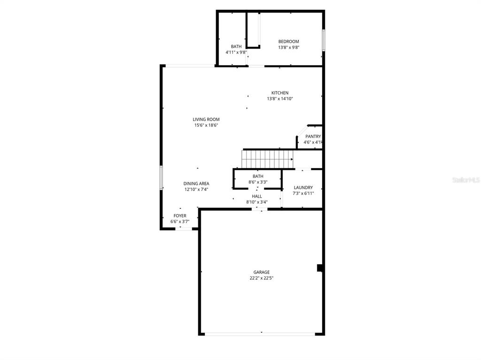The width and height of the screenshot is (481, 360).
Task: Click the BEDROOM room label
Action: (x=288, y=41)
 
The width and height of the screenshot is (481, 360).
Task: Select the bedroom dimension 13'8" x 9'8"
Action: (x=288, y=47)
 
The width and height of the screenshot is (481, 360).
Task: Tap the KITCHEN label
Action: (x=279, y=93)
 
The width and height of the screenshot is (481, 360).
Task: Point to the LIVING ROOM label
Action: (x=206, y=119)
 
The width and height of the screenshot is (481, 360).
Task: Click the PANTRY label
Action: (x=313, y=137)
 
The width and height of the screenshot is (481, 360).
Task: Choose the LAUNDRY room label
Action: (x=303, y=187)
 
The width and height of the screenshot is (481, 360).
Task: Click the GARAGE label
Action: (x=262, y=272)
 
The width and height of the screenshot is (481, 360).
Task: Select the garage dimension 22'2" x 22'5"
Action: (x=262, y=278)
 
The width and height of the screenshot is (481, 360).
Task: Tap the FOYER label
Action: (x=180, y=216)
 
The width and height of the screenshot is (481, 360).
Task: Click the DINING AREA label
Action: (x=196, y=184)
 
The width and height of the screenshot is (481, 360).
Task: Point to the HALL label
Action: (x=257, y=196)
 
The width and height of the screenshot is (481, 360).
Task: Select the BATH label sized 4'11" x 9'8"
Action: (x=236, y=46)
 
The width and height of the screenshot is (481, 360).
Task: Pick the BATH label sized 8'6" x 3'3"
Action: (x=258, y=176)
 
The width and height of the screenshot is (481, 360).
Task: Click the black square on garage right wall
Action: (x=320, y=268)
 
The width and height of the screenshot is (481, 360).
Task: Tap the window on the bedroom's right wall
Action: (x=323, y=40)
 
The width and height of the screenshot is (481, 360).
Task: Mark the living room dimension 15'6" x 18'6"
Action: (x=206, y=125)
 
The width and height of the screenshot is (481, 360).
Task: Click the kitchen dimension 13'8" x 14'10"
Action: (x=279, y=99)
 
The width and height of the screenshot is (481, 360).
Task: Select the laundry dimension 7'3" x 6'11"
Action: (x=303, y=193)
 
